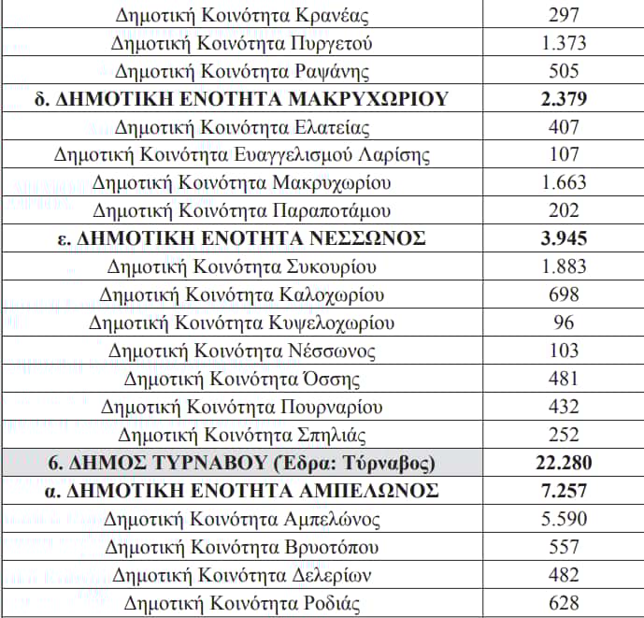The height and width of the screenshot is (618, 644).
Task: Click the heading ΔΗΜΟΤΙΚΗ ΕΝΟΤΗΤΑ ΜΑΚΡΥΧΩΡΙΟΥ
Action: [x=241, y=99]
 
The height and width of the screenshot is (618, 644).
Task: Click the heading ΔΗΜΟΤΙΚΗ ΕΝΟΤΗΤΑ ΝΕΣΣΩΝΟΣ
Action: [x=241, y=238]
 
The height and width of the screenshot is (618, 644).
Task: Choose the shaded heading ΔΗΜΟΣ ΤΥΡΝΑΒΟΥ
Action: [x=241, y=463]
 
